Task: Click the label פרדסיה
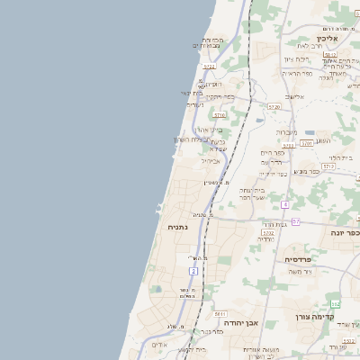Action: coord(296,258)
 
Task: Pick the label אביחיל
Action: coord(211,160)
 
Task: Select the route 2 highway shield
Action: coord(193,270)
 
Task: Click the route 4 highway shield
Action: coord(284,205)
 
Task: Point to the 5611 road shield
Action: coord(220,313)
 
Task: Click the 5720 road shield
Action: coord(274,106)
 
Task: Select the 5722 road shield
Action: coord(209,66)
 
